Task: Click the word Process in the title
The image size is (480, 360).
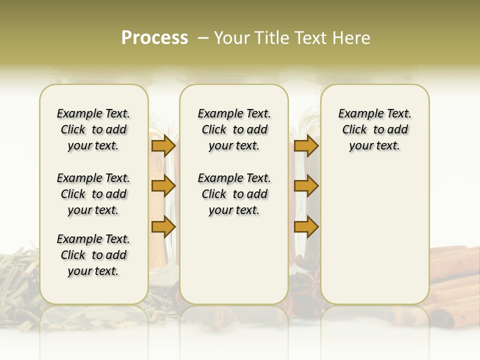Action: pyautogui.click(x=154, y=38)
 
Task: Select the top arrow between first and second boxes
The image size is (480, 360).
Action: pyautogui.click(x=163, y=146)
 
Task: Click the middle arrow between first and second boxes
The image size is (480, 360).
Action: pyautogui.click(x=163, y=186)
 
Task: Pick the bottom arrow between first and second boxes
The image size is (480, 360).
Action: pyautogui.click(x=163, y=227)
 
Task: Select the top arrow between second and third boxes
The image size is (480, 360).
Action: pyautogui.click(x=306, y=146)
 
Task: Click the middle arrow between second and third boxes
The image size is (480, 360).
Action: pyautogui.click(x=306, y=186)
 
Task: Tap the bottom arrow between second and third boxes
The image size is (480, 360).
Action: pyautogui.click(x=306, y=227)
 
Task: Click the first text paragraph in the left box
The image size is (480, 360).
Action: pyautogui.click(x=93, y=129)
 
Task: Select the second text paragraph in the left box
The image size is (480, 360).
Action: pyautogui.click(x=93, y=194)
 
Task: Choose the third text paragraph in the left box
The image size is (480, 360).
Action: pyautogui.click(x=93, y=255)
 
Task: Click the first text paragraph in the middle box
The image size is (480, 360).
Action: pyautogui.click(x=234, y=129)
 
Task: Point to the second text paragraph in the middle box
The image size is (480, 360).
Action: pyautogui.click(x=234, y=194)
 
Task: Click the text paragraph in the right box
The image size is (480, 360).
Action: pyautogui.click(x=375, y=129)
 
